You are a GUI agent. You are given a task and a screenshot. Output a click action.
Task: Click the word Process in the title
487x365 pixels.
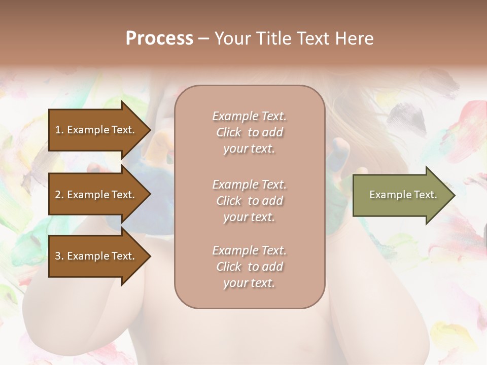tap(159, 39)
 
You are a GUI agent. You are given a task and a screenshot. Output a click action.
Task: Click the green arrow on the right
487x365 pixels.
tap(401, 195)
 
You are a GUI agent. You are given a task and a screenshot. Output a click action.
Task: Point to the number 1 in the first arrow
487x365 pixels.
tap(57, 130)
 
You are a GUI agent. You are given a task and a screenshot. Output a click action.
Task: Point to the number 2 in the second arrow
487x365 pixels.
tap(58, 195)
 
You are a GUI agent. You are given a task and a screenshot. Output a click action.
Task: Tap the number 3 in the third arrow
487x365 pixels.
tap(58, 256)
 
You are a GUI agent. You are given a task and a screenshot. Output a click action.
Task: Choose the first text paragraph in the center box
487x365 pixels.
tap(250, 132)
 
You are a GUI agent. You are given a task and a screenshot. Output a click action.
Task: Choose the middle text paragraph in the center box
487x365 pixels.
tap(250, 201)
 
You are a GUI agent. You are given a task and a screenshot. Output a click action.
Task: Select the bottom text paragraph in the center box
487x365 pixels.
tap(250, 267)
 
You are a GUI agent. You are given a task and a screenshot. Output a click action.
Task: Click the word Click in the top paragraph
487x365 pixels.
tap(229, 132)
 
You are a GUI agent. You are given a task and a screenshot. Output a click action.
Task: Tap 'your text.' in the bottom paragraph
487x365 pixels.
tap(249, 283)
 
